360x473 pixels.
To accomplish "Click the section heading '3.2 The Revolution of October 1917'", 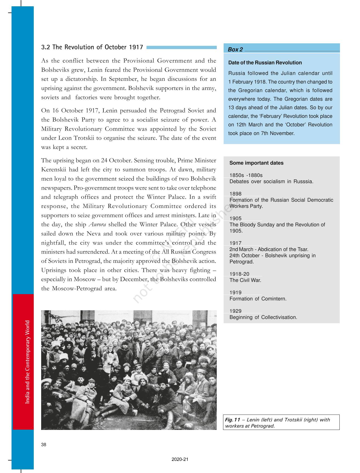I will [x=92, y=47].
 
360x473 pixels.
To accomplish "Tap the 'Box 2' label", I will [x=235, y=50].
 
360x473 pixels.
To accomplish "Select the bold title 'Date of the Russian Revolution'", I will [x=265, y=63].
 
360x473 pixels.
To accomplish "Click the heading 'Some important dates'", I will [x=256, y=163].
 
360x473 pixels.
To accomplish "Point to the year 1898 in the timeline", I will [x=235, y=194].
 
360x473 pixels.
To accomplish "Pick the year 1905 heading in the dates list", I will [x=235, y=218].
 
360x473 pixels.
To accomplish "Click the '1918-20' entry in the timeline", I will [x=239, y=274].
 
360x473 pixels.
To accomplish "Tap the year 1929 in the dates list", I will [x=235, y=311].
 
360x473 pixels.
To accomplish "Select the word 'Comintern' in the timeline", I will [x=274, y=299].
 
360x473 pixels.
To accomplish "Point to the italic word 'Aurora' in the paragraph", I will [x=97, y=224].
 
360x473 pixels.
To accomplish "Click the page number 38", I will [x=44, y=445].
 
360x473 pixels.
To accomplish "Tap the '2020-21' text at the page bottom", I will [x=180, y=459].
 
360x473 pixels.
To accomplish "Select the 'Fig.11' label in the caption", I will [x=232, y=420].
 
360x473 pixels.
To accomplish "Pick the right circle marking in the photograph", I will [x=147, y=342].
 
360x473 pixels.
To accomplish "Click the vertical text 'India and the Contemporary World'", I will [x=27, y=362].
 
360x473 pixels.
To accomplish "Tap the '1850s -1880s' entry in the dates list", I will [x=246, y=175].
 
